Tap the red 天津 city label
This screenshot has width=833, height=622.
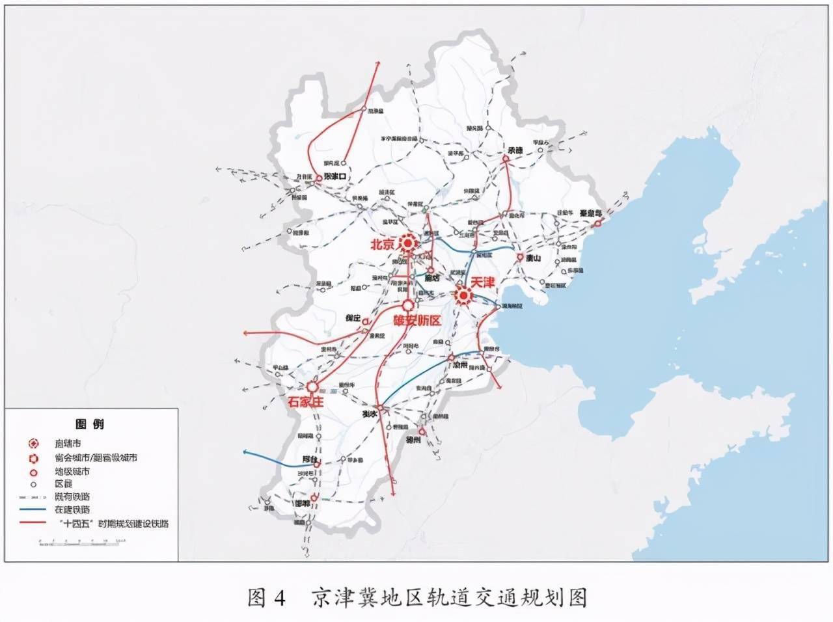click(483, 283)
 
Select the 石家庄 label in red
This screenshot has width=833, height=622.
click(305, 401)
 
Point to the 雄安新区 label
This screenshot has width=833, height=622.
click(417, 321)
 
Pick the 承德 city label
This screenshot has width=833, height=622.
click(515, 150)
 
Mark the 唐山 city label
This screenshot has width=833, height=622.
click(533, 258)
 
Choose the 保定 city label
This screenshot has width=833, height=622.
click(353, 318)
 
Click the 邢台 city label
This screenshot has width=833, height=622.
click(310, 459)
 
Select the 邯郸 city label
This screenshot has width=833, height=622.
click(302, 504)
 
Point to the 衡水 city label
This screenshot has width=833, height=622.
click(370, 414)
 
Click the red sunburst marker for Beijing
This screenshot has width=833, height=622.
click(408, 244)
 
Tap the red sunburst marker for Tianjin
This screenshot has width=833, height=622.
click(463, 296)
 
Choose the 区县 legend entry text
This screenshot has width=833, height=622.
click(63, 484)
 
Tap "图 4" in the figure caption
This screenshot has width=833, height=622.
click(267, 597)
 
